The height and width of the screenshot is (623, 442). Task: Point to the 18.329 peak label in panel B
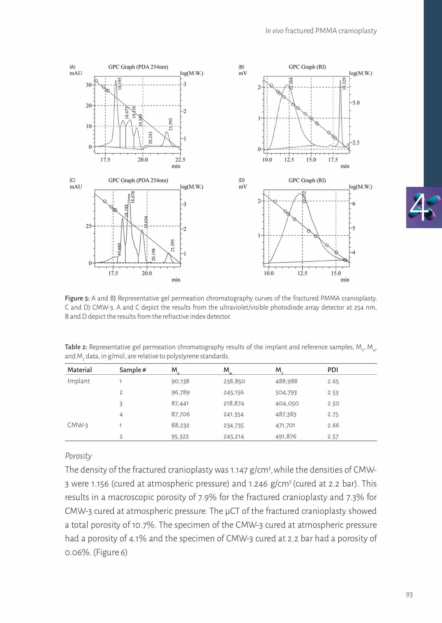coord(344,83)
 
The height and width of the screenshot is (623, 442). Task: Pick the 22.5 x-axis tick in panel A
coord(180,160)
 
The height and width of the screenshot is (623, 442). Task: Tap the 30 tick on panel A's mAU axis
coord(89,85)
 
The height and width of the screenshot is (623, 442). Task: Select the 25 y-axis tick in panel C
coord(88,226)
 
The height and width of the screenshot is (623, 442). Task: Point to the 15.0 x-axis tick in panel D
coord(336,273)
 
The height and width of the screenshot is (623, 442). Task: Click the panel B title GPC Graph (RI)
coord(307,67)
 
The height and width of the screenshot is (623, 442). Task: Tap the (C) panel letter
coord(72,180)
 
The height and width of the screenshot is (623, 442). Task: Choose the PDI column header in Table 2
coord(333,370)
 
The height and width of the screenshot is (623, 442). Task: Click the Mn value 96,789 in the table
coord(181,392)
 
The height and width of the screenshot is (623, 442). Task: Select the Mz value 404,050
coord(287,403)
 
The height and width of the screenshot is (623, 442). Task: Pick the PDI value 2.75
coord(333,415)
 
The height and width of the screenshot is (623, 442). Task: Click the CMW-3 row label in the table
coord(78,425)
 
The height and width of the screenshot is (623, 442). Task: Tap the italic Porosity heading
coord(78,456)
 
